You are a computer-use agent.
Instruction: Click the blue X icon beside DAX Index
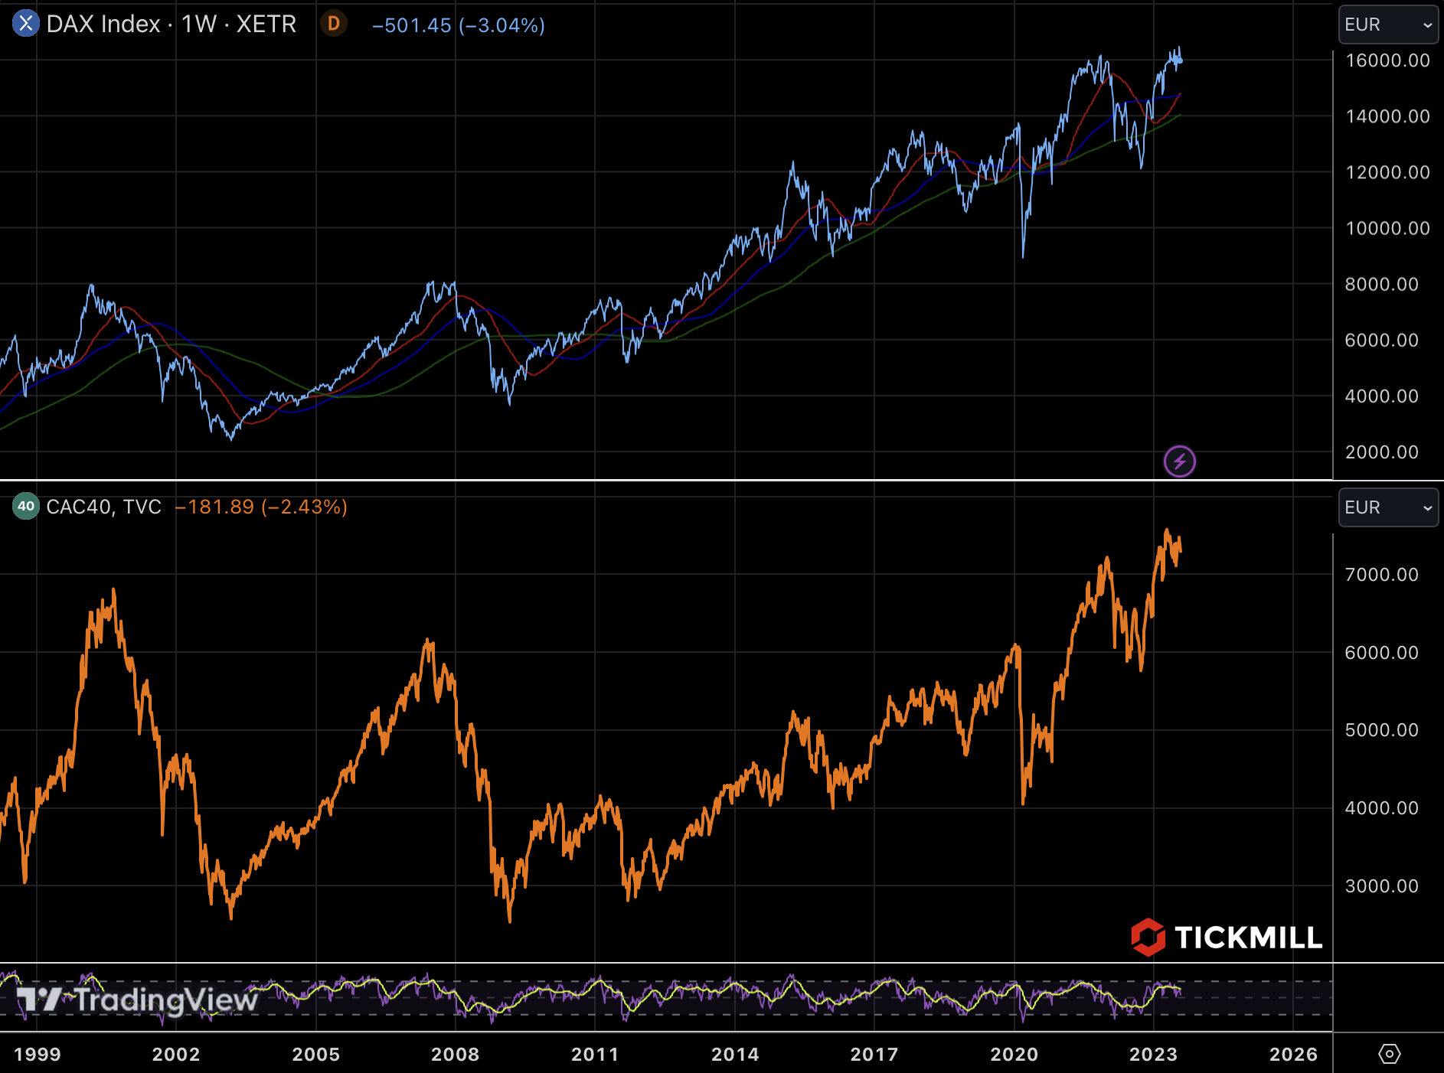click(25, 24)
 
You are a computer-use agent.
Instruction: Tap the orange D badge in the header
click(334, 24)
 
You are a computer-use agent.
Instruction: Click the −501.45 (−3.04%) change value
click(458, 25)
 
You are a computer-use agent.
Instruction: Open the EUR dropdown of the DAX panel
click(1387, 24)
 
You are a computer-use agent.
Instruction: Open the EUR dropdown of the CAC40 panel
click(1387, 507)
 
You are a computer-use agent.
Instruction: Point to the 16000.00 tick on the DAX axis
click(1387, 60)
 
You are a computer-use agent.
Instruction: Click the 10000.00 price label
click(1387, 228)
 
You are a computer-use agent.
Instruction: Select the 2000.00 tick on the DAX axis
click(1381, 452)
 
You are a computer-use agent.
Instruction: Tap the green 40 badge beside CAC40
click(26, 506)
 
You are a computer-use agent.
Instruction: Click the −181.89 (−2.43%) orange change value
click(261, 507)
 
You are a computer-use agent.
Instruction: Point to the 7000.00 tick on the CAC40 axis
click(1381, 575)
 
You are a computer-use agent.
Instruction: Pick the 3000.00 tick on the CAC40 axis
click(1381, 886)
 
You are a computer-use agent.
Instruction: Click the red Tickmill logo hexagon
click(1148, 937)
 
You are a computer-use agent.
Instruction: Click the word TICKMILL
click(1248, 938)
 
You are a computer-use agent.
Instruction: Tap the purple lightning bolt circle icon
click(1179, 461)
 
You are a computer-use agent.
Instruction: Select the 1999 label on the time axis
click(37, 1055)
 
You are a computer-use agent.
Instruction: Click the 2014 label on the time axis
click(735, 1055)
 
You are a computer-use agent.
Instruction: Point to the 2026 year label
click(1293, 1055)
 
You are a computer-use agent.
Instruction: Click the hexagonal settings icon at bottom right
click(1389, 1054)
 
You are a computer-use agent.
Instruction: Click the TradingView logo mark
click(38, 1000)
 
